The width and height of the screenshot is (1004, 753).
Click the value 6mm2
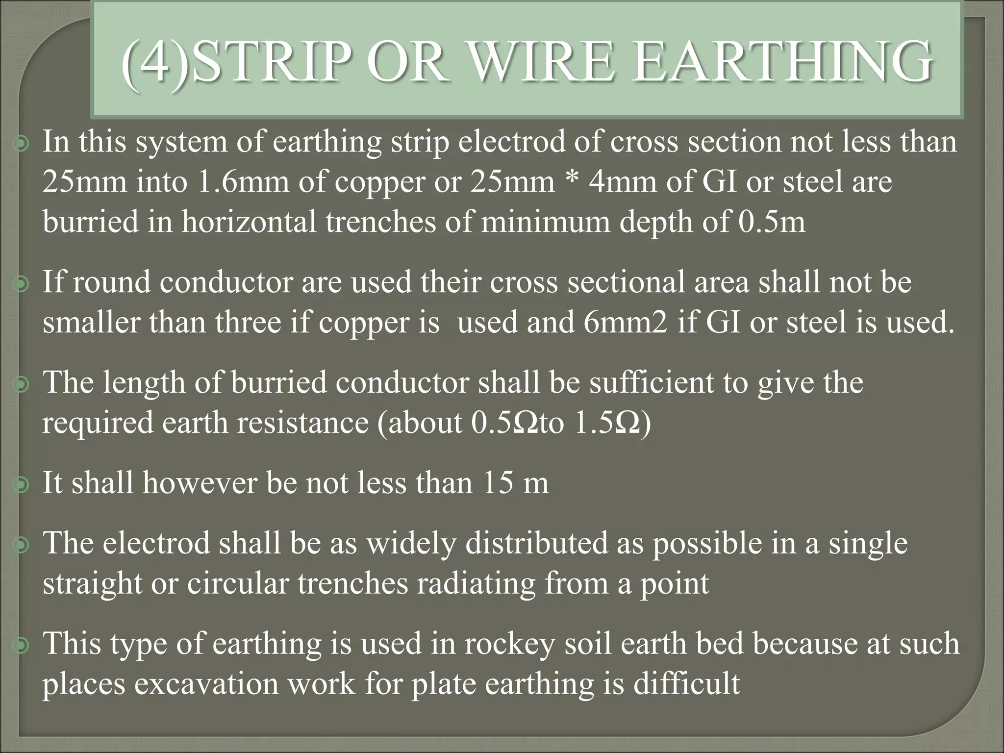point(625,323)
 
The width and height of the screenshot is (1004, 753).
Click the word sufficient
point(652,382)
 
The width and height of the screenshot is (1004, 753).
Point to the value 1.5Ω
point(607,423)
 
